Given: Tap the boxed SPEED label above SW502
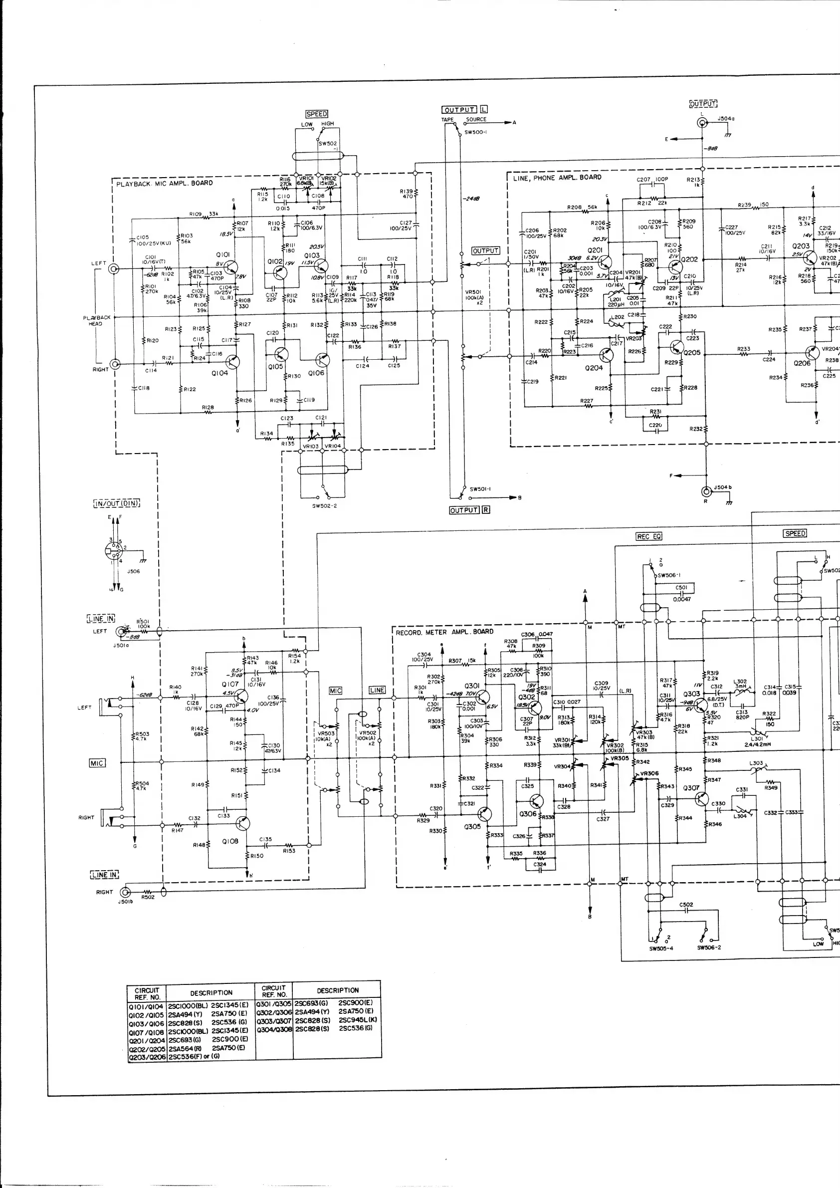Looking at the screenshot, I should (x=317, y=114).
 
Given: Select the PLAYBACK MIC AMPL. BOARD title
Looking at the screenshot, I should (x=165, y=183).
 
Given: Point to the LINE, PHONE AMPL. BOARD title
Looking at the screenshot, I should (x=557, y=178).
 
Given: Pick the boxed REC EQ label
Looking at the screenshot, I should (x=648, y=536).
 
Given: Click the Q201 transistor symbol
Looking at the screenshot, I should (x=604, y=262).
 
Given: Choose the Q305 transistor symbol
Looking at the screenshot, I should (x=485, y=814).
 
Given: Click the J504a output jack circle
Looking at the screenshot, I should (x=702, y=123).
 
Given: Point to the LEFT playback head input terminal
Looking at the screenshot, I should (x=114, y=268).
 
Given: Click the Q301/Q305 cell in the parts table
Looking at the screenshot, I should (x=274, y=1003).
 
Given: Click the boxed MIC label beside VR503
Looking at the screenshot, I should (x=336, y=691).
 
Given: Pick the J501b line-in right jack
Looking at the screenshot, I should (x=125, y=892).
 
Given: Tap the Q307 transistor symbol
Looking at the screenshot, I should (x=701, y=799).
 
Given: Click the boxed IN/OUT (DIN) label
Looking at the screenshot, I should (x=117, y=503).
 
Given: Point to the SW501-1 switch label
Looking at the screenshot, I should (x=480, y=489).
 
